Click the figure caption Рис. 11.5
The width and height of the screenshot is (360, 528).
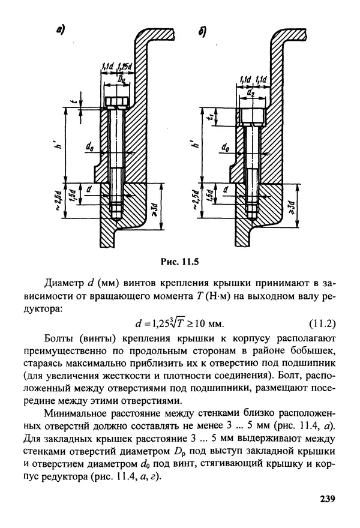tap(179, 261)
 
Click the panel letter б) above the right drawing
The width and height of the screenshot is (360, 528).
tap(202, 32)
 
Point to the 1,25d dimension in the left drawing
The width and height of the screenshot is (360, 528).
tap(125, 66)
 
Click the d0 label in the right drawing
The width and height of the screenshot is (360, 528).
tap(226, 146)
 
